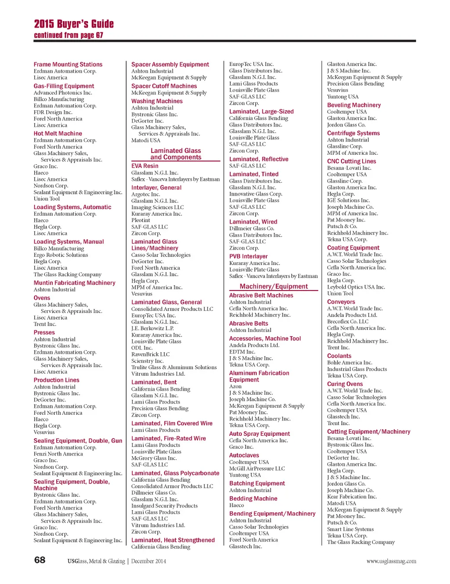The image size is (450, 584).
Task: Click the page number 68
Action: (x=40, y=560)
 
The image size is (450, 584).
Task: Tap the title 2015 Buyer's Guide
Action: (x=74, y=24)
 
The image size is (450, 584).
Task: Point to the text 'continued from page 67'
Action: (x=69, y=35)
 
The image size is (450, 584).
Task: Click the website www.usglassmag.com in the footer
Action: (x=391, y=561)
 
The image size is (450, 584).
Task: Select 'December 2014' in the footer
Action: (x=149, y=561)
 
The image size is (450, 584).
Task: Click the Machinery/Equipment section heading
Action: (x=273, y=287)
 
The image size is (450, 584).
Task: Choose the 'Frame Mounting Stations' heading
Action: (x=68, y=64)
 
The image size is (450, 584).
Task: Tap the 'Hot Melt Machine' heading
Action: (x=58, y=134)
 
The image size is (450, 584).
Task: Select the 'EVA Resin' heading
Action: (x=145, y=166)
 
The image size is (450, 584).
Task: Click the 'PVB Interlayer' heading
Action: (x=248, y=257)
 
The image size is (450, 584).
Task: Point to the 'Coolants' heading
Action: (x=339, y=356)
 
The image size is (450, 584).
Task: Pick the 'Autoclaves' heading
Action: (x=244, y=455)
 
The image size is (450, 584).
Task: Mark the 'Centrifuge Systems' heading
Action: (x=353, y=133)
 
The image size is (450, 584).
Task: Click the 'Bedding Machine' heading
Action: (x=253, y=499)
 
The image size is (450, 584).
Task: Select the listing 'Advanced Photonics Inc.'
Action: (x=63, y=93)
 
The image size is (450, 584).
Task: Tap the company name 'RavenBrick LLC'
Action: (x=150, y=354)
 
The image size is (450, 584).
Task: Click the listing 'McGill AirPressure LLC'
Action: (x=257, y=468)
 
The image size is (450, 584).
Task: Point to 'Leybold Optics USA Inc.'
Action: (x=356, y=287)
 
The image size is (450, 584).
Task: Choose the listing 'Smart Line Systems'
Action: (x=350, y=529)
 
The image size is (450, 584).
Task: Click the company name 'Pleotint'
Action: (x=141, y=220)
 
